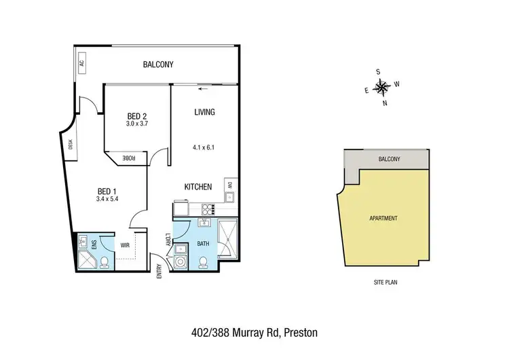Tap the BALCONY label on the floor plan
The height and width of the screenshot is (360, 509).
point(158,65)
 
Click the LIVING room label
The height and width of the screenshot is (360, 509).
point(204,112)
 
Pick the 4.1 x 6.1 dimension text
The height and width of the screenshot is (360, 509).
point(204,146)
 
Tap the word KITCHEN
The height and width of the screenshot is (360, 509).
point(199,187)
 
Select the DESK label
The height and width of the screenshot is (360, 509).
point(70,144)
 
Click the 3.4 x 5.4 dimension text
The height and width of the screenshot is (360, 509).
point(108,200)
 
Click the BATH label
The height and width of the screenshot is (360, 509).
point(204,242)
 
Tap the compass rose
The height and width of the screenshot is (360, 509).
point(382,86)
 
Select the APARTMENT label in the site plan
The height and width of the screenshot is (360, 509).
point(384,218)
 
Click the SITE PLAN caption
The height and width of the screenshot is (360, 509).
point(383,280)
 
